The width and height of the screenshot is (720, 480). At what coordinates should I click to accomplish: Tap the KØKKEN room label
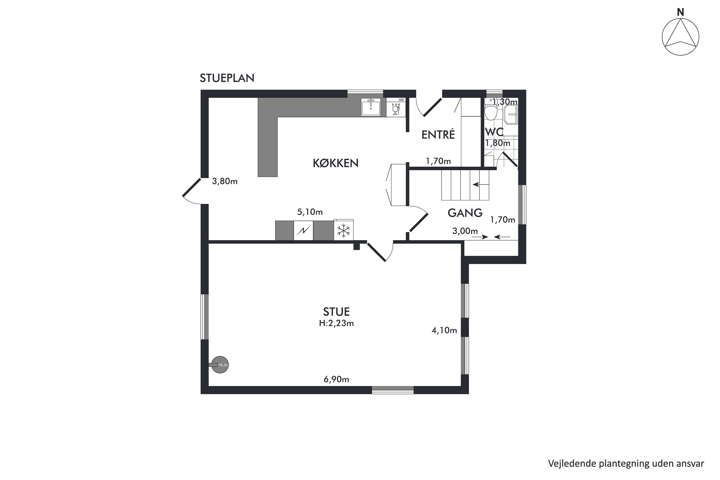coord(336,163)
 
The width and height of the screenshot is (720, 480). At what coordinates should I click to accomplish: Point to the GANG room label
coord(465,213)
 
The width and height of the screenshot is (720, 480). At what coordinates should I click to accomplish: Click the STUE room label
coord(336,312)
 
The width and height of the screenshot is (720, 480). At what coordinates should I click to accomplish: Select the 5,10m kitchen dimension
coord(310,212)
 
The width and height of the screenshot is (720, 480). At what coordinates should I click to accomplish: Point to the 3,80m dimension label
coord(225,181)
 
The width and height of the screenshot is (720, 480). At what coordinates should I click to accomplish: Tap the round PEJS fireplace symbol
coord(220,365)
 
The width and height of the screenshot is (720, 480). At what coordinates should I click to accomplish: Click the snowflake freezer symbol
coord(343,230)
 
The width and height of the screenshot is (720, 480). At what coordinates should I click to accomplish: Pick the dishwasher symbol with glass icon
coord(396,108)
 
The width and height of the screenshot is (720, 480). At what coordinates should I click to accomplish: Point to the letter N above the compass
coord(680,12)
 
